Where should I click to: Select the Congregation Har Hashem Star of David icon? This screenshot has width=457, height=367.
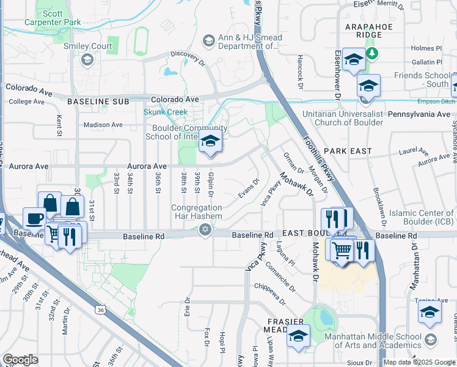click(x=205, y=230)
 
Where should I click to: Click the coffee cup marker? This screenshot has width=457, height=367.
click(x=35, y=218)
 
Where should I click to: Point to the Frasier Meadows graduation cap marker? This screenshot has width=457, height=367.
click(x=299, y=335)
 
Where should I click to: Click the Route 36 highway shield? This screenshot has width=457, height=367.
click(x=99, y=310)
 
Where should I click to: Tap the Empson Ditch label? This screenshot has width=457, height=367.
click(x=436, y=102)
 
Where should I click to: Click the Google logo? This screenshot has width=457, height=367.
click(x=20, y=360)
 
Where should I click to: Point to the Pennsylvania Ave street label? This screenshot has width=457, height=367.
click(x=419, y=114)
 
